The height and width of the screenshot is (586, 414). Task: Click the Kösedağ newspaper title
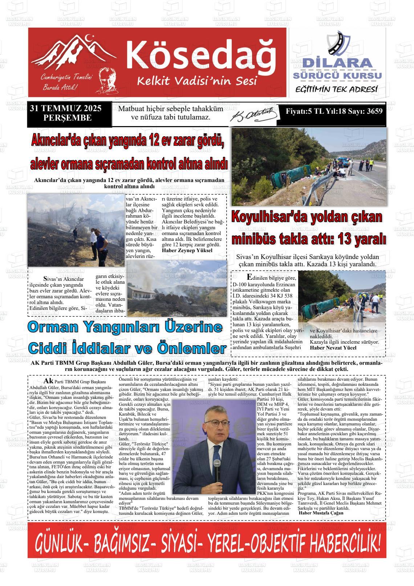tap(201, 54)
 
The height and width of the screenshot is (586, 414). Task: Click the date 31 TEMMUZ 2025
tap(66, 109)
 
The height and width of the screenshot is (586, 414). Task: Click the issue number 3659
tap(374, 112)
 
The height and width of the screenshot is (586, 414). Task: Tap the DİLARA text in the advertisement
tap(337, 63)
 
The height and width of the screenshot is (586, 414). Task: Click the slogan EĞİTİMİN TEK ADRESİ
tap(337, 89)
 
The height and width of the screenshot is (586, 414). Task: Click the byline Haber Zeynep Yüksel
tap(187, 250)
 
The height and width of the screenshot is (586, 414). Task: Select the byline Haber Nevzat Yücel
tap(333, 348)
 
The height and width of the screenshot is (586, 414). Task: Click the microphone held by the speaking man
tap(217, 471)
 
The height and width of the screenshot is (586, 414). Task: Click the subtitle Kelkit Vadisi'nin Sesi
tap(197, 80)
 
